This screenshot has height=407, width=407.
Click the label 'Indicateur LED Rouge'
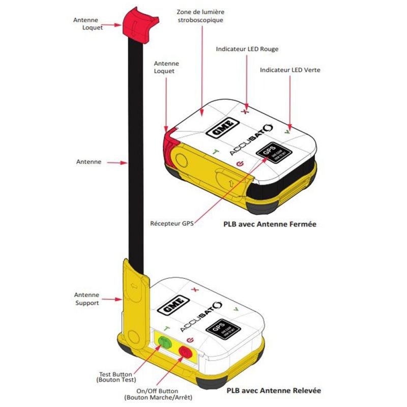(x=247, y=49)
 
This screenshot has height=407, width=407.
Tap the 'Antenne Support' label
(x=86, y=299)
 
